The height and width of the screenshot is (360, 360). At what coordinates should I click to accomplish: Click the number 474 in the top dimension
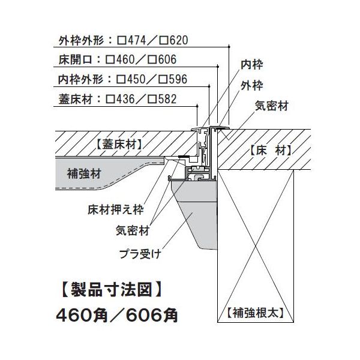tap(137, 40)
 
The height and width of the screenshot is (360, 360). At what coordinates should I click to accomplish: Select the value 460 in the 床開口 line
tap(125, 59)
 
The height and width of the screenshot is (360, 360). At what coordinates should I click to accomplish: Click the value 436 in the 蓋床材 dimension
tap(125, 99)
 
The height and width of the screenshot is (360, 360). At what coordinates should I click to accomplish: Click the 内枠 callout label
tap(251, 65)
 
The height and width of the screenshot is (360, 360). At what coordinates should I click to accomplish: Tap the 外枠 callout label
tap(251, 86)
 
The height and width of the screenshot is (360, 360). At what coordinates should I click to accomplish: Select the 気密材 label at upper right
tap(272, 106)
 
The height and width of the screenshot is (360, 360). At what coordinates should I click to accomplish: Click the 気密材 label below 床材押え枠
tap(133, 230)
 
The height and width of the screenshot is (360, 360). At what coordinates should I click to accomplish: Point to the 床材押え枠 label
tap(116, 209)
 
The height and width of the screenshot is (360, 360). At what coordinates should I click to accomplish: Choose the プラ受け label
tap(140, 254)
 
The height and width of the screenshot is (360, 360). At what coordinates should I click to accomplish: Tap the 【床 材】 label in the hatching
tap(270, 150)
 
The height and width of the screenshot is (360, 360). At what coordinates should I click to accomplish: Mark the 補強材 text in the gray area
tap(84, 173)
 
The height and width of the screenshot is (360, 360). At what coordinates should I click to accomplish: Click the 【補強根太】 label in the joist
tap(256, 313)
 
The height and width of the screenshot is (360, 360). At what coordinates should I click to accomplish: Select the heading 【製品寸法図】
tap(112, 290)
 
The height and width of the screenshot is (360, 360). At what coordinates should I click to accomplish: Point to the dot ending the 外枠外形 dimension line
tap(229, 47)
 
